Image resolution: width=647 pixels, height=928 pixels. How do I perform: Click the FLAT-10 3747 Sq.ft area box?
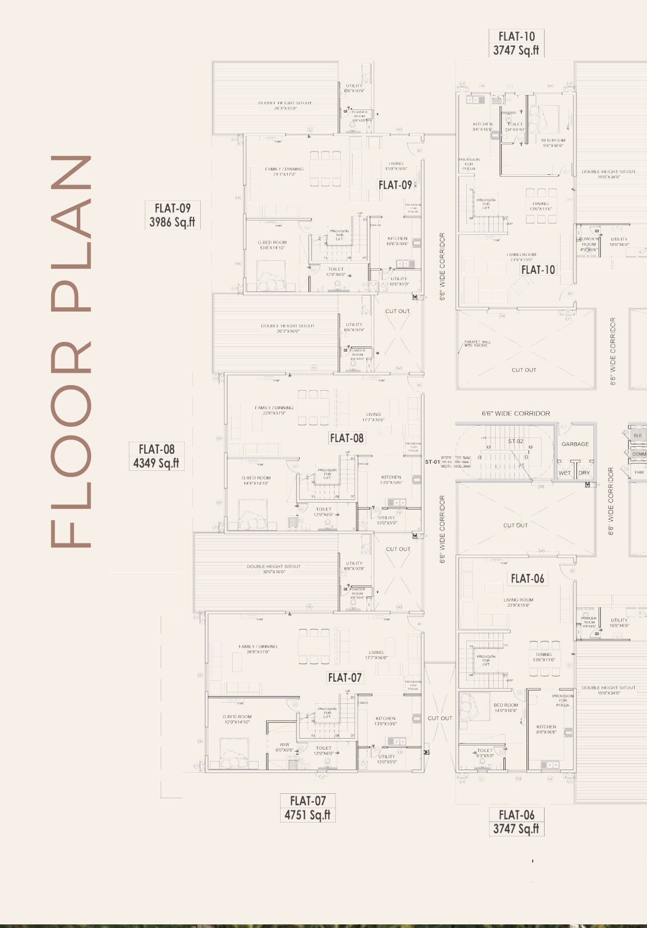coord(516,43)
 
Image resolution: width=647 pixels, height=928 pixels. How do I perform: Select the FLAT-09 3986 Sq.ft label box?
coord(172,215)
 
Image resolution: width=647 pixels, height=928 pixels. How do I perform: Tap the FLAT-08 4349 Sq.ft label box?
coord(156,456)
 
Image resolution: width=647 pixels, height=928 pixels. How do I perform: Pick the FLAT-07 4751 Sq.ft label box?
coord(308,808)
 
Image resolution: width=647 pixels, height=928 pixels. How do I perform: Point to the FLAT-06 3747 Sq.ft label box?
coord(516,822)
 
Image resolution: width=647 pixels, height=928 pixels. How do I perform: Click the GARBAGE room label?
coord(575,444)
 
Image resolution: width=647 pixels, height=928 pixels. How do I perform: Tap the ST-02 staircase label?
coord(515,441)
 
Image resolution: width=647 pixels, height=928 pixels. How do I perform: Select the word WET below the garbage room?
coord(565,473)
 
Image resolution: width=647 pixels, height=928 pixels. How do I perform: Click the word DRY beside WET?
coord(584,473)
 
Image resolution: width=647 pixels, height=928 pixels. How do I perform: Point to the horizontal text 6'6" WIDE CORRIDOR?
coord(516,413)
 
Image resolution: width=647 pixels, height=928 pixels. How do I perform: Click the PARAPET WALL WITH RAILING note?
coord(477,343)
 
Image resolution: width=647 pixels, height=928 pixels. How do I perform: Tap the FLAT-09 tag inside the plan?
coord(395,185)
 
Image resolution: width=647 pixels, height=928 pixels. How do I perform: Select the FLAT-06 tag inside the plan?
coord(527,578)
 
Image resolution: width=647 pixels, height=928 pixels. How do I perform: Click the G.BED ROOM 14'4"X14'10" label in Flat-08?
coord(256,480)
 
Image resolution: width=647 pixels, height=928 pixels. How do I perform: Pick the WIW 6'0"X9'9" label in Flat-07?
coord(284,747)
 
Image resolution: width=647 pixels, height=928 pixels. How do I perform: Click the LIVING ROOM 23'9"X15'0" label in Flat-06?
coord(518,602)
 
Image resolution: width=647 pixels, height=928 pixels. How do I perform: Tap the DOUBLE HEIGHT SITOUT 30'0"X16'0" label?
coord(273,569)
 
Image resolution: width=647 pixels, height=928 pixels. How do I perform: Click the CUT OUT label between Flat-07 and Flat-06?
coord(440,718)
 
